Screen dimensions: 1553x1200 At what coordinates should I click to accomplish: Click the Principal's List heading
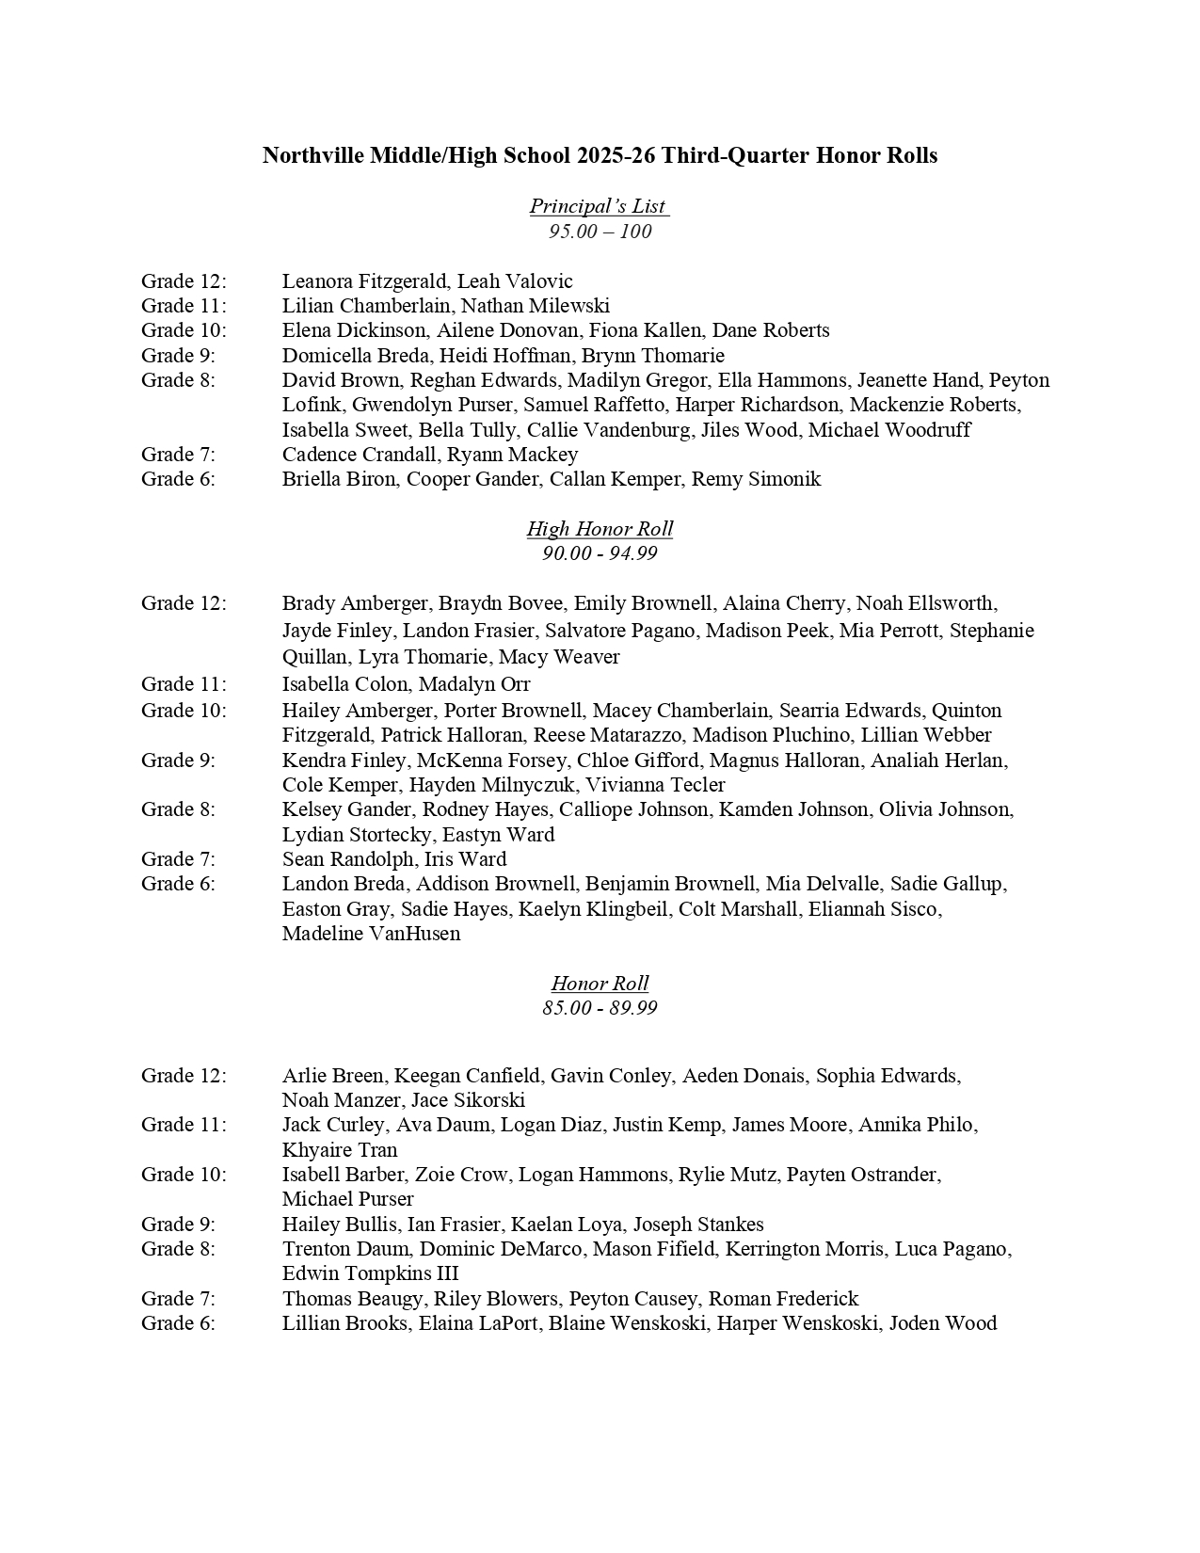[x=598, y=206]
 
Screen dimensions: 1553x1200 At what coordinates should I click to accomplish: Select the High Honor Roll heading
[x=600, y=529]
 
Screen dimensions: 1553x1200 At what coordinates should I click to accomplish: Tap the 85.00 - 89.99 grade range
[x=600, y=1008]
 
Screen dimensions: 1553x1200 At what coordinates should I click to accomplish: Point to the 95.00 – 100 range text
[x=600, y=232]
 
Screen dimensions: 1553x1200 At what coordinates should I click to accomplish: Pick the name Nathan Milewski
[x=535, y=306]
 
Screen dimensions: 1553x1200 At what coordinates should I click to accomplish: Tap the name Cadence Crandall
[x=360, y=455]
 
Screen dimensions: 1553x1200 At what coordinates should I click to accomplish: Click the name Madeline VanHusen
[x=371, y=934]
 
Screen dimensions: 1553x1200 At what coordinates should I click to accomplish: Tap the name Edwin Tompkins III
[x=370, y=1273]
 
